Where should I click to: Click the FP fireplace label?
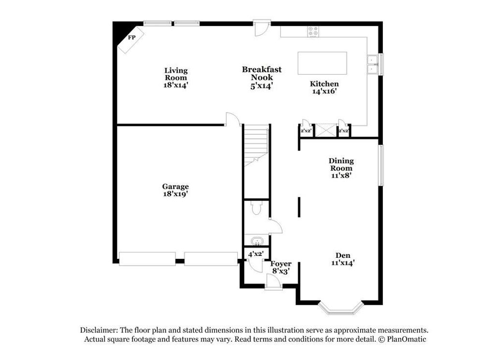pyautogui.click(x=131, y=38)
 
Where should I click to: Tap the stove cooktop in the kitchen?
pyautogui.click(x=313, y=31)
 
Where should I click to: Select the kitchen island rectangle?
pyautogui.click(x=322, y=63)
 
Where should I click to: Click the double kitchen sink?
pyautogui.click(x=373, y=65)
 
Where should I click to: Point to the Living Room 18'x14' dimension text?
pyautogui.click(x=176, y=85)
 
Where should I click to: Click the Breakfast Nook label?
pyautogui.click(x=262, y=74)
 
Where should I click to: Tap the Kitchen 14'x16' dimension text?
pyautogui.click(x=324, y=91)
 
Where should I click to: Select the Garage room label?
pyautogui.click(x=175, y=186)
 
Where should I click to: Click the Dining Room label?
pyautogui.click(x=341, y=165)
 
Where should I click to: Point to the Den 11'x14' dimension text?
pyautogui.click(x=343, y=263)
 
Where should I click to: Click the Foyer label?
pyautogui.click(x=281, y=264)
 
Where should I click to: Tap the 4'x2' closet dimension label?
pyautogui.click(x=255, y=254)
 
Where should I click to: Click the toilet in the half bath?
pyautogui.click(x=256, y=208)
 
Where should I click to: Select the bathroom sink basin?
pyautogui.click(x=257, y=241)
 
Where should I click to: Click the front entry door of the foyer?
pyautogui.click(x=274, y=281)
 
